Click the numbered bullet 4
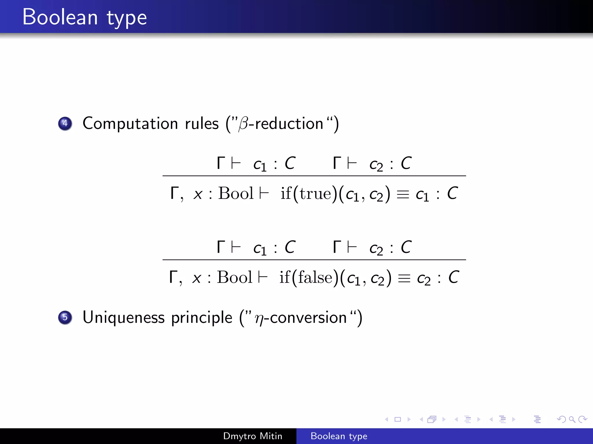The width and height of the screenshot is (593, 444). (x=65, y=123)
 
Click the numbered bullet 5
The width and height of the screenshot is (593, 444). (x=65, y=317)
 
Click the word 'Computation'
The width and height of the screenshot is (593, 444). (x=130, y=124)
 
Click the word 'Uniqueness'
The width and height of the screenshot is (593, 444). (x=124, y=318)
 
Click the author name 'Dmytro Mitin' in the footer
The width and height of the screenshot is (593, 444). (x=252, y=436)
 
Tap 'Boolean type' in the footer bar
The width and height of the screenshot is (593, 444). (x=339, y=436)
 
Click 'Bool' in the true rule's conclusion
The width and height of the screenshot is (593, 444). (x=236, y=193)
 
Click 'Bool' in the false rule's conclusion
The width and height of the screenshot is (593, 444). (x=235, y=277)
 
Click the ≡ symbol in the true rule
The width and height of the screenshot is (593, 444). (x=403, y=194)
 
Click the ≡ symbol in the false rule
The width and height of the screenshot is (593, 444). (x=404, y=278)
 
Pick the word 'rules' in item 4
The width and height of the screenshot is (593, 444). (x=202, y=124)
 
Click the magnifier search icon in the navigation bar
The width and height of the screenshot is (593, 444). (x=572, y=419)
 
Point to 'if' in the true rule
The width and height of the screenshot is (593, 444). (x=286, y=193)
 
